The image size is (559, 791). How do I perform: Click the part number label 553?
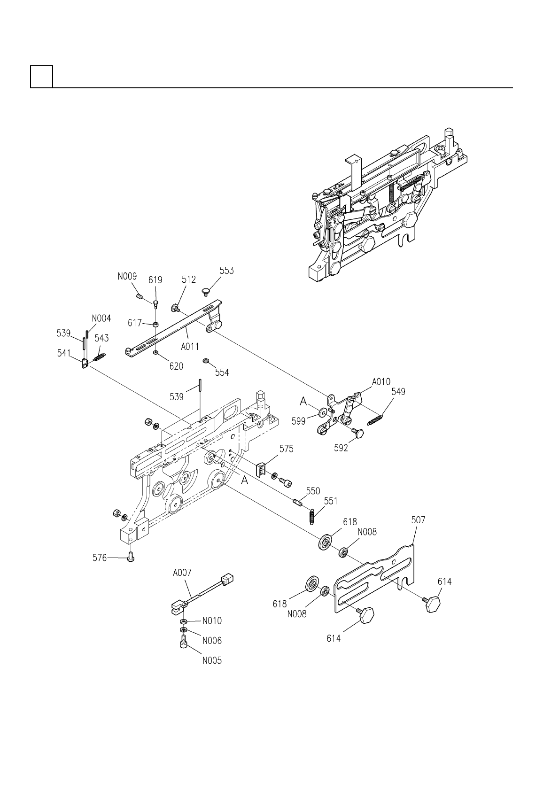(x=226, y=271)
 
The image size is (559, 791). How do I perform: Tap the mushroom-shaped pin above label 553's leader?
(x=206, y=292)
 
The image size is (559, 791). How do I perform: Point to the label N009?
(x=127, y=277)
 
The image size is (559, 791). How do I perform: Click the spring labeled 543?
(x=100, y=357)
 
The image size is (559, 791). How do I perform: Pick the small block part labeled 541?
(x=85, y=364)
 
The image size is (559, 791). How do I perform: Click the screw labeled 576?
(x=131, y=558)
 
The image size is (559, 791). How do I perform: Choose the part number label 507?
(x=418, y=520)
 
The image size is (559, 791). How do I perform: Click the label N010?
(x=212, y=621)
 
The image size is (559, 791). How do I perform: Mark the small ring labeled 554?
(x=206, y=361)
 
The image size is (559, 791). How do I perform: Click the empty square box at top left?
(x=41, y=77)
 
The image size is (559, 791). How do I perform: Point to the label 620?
(x=176, y=366)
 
